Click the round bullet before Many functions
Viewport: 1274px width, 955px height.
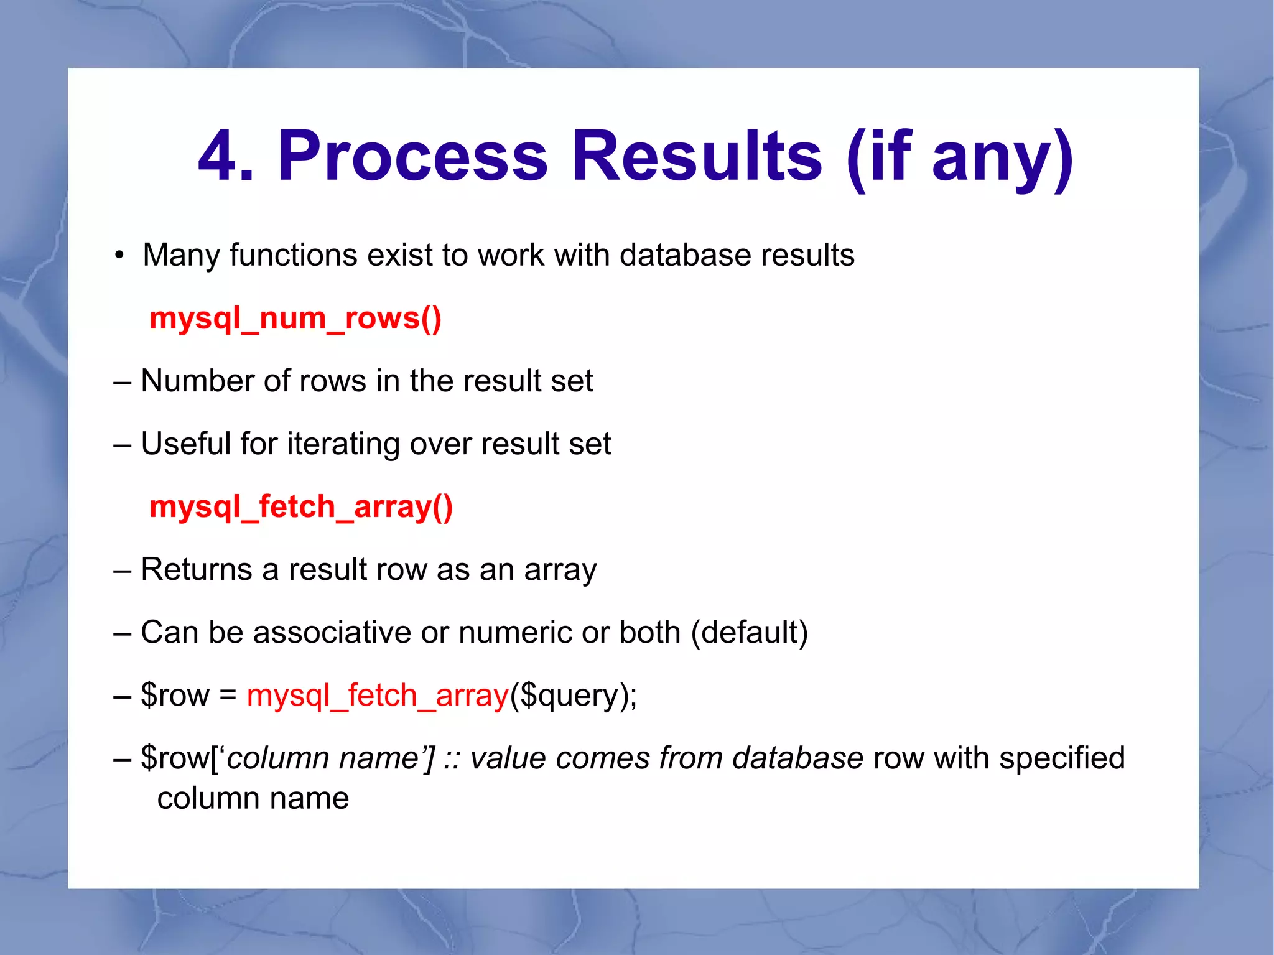coord(119,256)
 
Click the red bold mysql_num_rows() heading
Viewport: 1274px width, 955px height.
coord(295,319)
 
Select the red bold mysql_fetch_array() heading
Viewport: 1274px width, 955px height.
coord(301,507)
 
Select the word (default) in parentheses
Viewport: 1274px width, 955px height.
coord(749,633)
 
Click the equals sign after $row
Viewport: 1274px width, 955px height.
coord(228,696)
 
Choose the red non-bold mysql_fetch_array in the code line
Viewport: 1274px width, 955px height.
coord(378,696)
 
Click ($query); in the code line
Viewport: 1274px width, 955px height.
coord(573,696)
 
